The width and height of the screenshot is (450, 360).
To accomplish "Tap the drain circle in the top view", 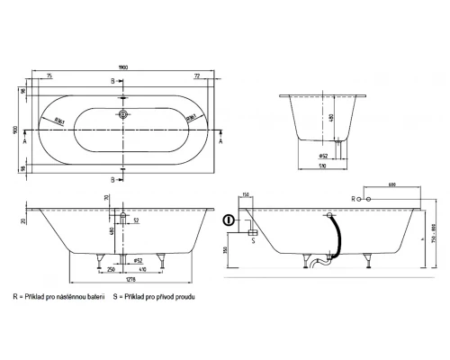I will click(123, 115).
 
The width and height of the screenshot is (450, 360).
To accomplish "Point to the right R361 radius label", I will click(191, 117).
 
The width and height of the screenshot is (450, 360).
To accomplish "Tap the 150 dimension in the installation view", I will click(246, 194).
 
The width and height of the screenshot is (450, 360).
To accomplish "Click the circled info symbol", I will click(230, 220).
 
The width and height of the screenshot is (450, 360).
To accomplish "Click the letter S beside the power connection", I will click(255, 239).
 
